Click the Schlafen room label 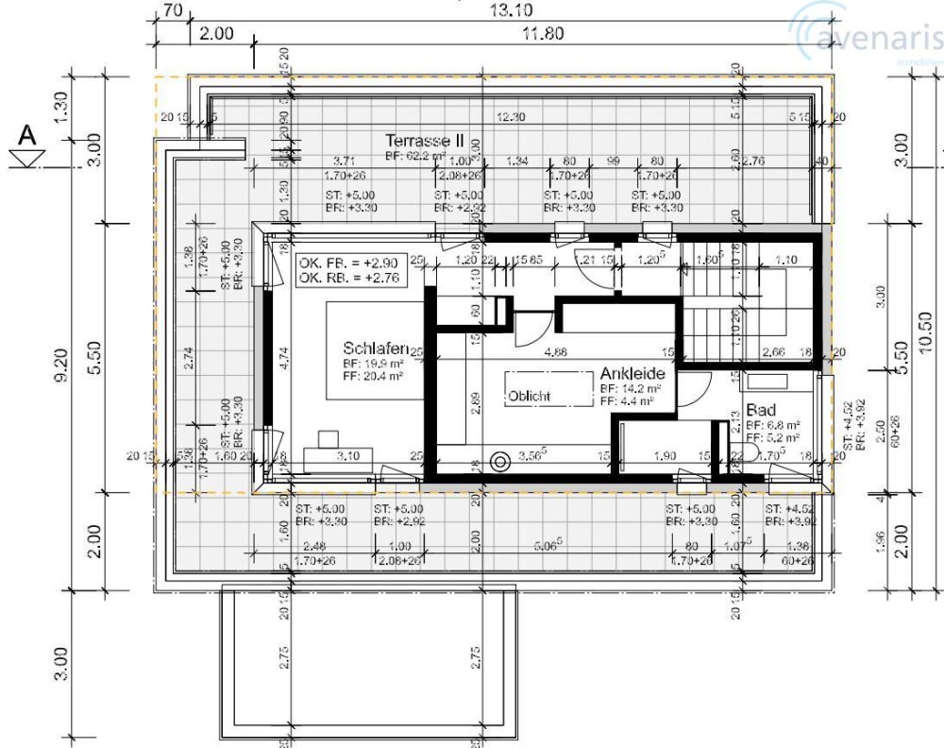pos(376,348)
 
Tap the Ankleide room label pos(632,374)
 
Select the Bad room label pos(760,411)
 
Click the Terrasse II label pos(424,139)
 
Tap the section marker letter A pos(29,138)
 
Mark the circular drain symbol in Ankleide pos(499,461)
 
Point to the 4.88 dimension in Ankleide pos(556,352)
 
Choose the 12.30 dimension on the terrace pos(511,116)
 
